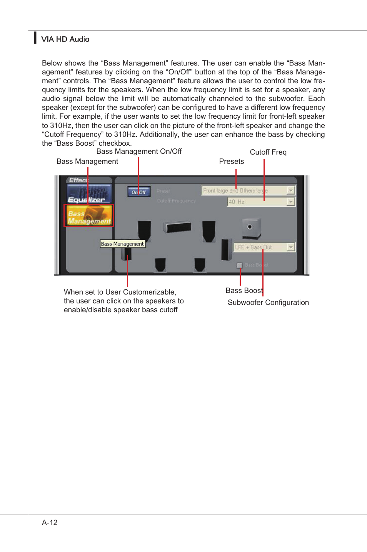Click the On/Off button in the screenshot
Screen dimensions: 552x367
pos(139,192)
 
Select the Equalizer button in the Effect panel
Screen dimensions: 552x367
pos(89,194)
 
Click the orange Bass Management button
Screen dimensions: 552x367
pos(89,215)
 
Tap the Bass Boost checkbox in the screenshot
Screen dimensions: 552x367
pos(239,265)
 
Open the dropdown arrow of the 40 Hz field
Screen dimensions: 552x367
pos(291,202)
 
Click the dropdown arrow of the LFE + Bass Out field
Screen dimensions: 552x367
pos(291,247)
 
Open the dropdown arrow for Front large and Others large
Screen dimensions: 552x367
pos(291,190)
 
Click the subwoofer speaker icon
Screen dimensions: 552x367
pos(251,228)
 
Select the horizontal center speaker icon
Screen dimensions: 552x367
pos(177,227)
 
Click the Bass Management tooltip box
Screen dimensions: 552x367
pos(123,244)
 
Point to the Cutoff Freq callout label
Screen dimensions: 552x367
pos(268,152)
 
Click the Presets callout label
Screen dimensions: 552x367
pos(231,162)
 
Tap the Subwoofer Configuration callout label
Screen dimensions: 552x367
pos(268,303)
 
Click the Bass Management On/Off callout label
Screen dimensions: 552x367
pos(139,151)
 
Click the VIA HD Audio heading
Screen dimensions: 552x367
pos(65,39)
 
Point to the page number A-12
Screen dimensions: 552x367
pos(50,523)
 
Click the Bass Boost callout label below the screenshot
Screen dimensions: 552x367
pos(244,291)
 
